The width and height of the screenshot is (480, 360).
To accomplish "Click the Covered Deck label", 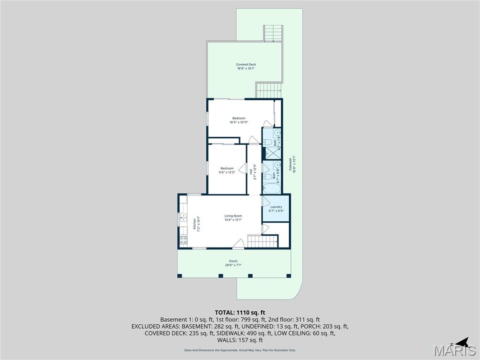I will point(246,65).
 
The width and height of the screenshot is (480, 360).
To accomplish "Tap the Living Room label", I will point(233,216).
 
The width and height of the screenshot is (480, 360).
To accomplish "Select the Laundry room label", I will point(276,207).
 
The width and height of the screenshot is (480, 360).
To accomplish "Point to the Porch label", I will point(233,261).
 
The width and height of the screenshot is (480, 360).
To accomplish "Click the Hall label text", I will point(251,172).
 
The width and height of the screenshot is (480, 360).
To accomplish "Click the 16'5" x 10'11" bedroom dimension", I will point(239,122).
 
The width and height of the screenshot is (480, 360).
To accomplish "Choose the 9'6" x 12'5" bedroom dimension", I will point(227,172).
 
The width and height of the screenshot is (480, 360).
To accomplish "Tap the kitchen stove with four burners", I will point(183,240).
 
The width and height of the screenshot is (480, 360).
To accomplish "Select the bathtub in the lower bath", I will point(271,189).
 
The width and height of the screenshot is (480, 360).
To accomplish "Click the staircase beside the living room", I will point(262,241).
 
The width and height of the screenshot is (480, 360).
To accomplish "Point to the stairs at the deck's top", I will point(273,33).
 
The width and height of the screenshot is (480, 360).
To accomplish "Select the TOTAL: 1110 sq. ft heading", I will point(240,312).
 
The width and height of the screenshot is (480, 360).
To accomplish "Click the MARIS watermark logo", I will point(455,351).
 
